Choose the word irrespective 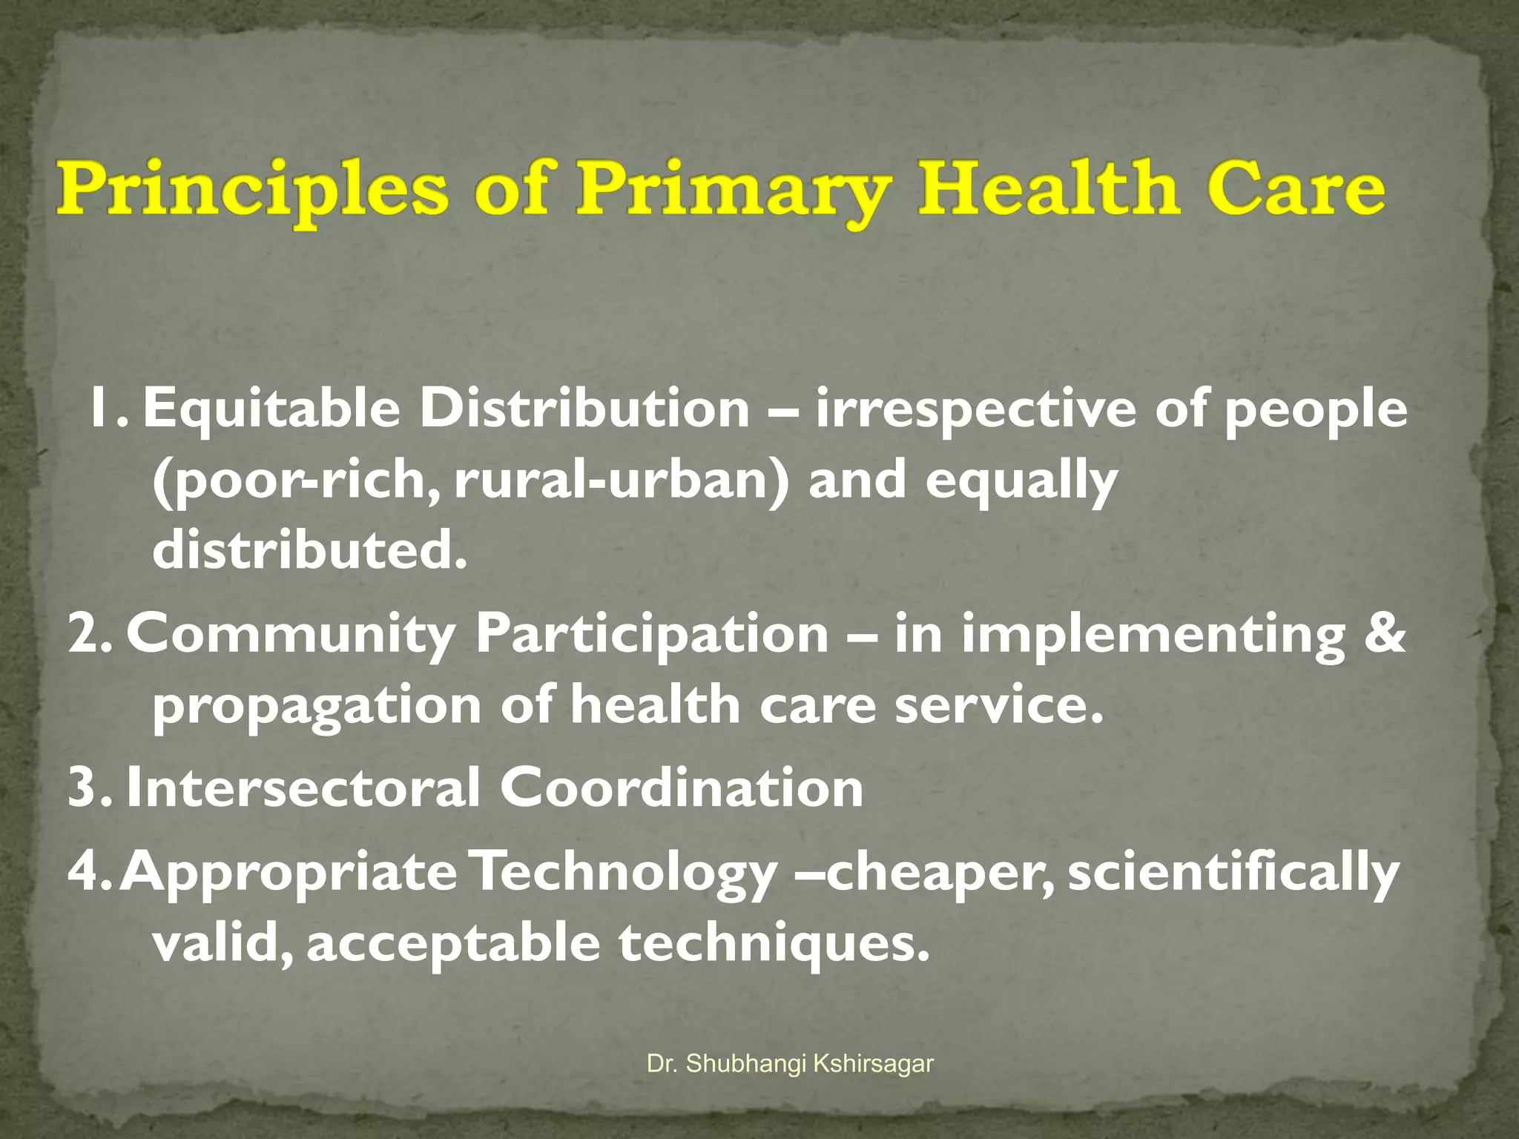(975, 409)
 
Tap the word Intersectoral (303, 787)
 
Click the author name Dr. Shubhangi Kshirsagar (790, 1064)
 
